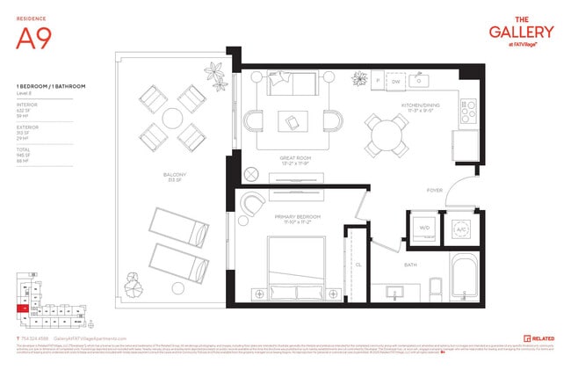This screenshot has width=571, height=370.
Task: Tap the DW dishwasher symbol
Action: (395, 82)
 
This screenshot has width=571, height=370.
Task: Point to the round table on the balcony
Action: (172, 116)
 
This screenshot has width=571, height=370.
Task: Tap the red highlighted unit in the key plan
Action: (20, 308)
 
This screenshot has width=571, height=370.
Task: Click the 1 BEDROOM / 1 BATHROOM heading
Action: (43, 85)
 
